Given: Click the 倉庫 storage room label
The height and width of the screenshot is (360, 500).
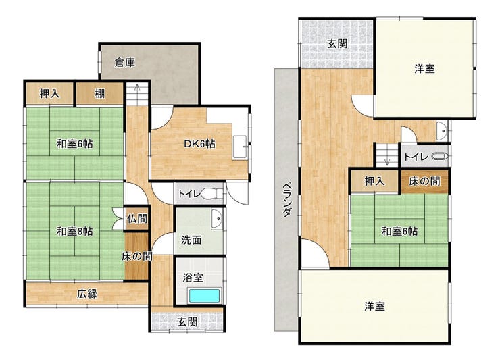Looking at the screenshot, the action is coord(125,63).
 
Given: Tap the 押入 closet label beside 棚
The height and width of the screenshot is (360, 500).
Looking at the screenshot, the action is coord(49,94).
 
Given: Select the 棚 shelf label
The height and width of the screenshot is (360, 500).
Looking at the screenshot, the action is coord(100,94).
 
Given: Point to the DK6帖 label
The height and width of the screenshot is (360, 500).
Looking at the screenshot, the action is coord(199,144).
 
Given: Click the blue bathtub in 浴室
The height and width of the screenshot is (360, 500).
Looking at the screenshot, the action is coord(205,296).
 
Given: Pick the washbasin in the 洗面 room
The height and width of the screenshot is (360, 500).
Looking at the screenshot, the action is coord(217,219).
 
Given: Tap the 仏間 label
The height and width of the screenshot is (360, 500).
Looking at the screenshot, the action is coord(137,219).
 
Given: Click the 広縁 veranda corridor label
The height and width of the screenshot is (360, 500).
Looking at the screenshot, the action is coord(87,294).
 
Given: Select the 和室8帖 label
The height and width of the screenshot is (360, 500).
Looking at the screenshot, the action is coord(74,231).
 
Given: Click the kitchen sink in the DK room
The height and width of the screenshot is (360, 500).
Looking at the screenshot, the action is coord(239,147).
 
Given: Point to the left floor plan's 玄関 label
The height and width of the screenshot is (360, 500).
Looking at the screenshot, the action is coord(188,322).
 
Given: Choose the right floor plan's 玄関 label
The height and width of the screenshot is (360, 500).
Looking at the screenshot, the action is coord(337,43).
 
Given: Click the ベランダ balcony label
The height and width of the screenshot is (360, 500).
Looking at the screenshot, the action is coord(287,199).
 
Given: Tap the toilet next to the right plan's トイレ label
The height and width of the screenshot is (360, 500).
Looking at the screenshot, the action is coord(441,157).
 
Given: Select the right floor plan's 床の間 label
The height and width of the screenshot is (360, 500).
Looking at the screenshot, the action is coord(424,181).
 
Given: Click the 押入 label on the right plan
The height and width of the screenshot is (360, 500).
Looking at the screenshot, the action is coord(375,182).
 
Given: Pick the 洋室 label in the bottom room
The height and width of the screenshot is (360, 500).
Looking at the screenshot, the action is coord(375,307).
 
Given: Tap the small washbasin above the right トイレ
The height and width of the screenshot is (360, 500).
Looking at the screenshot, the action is coord(443,131).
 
